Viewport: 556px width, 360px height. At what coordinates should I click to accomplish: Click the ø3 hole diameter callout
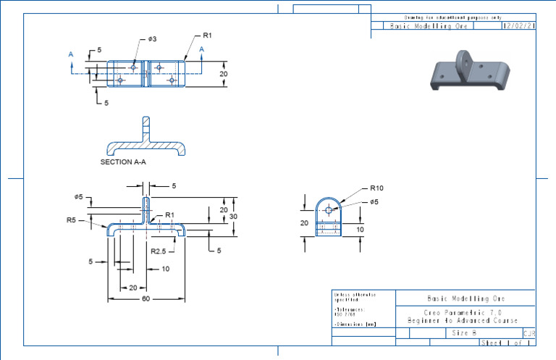pos(152,38)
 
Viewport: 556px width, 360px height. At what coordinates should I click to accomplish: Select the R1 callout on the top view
pos(207,35)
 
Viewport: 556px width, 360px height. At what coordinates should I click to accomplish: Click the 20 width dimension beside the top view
pos(224,74)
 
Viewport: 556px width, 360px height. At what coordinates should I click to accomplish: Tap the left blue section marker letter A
pos(70,54)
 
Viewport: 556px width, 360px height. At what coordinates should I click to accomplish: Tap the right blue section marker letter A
pos(202,49)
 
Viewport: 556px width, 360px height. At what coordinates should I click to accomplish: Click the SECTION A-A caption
pos(123,163)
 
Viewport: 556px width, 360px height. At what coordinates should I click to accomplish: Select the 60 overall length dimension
pos(146,298)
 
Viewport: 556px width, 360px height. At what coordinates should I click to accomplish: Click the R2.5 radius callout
pos(159,251)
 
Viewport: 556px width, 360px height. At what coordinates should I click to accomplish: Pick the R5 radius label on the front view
pos(71,219)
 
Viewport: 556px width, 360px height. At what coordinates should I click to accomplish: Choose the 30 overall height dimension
pos(233,216)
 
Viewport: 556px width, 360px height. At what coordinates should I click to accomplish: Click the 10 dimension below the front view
pos(166,269)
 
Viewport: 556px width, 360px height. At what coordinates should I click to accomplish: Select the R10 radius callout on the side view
pos(376,187)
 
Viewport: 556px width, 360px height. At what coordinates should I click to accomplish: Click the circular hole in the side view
pos(329,209)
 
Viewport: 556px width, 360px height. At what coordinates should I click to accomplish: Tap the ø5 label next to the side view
pos(374,201)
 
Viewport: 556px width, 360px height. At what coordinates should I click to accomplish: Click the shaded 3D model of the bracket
pos(467,72)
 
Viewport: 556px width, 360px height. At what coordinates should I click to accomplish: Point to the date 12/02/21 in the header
pos(518,25)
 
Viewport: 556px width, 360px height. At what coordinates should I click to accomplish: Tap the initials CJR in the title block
pos(528,333)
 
